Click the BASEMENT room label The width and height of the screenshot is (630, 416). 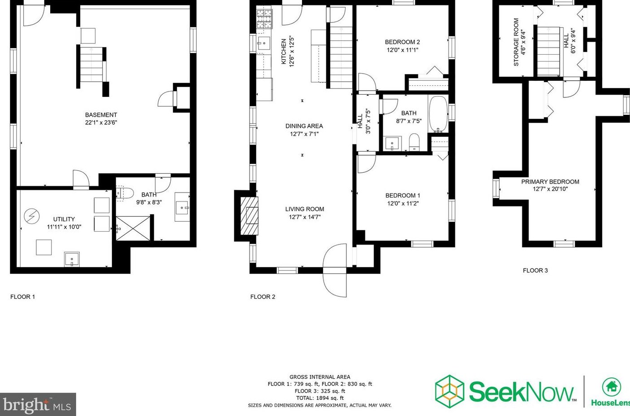(x=101, y=115)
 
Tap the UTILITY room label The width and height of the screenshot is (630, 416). (x=64, y=219)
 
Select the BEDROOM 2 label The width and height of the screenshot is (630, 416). (x=402, y=42)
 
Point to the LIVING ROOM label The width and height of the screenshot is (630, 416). (x=304, y=209)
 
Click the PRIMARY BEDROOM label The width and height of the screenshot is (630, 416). (x=550, y=182)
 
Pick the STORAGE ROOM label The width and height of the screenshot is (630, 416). (x=516, y=42)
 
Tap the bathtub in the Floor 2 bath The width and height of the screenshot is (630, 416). (x=438, y=114)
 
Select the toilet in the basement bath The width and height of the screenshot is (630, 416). (x=125, y=193)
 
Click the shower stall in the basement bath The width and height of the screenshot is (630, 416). (x=133, y=228)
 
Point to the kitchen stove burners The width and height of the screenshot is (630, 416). (x=263, y=19)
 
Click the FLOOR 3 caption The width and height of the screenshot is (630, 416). (x=535, y=271)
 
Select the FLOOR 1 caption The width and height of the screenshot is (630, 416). (x=22, y=297)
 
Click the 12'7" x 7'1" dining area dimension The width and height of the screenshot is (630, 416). (x=304, y=134)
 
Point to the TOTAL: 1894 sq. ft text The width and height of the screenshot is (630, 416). (x=319, y=398)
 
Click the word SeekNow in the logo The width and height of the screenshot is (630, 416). (x=521, y=392)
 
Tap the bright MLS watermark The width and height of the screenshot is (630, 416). (x=38, y=405)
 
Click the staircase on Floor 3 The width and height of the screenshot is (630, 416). (x=548, y=51)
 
